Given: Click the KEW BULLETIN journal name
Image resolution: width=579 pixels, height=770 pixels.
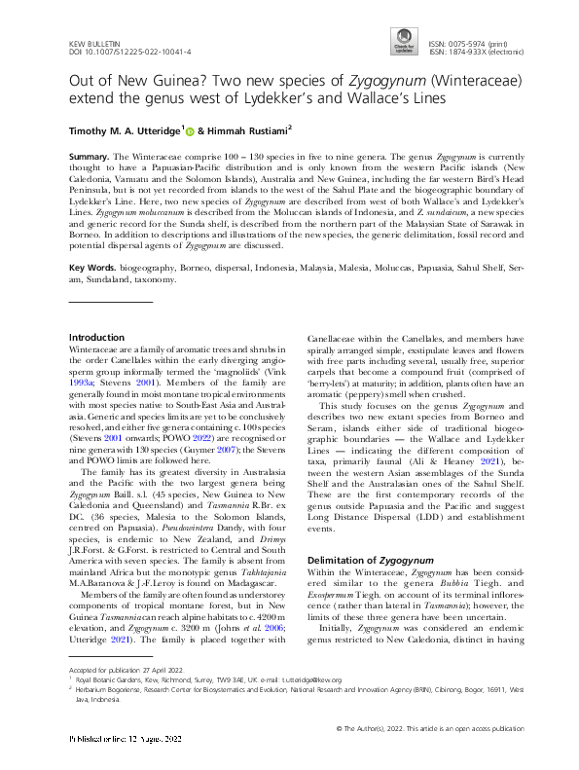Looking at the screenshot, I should (96, 46).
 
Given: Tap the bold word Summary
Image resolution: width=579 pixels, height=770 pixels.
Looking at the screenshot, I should (90, 156).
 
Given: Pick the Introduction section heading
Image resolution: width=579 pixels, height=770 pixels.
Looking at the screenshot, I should (97, 337).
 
